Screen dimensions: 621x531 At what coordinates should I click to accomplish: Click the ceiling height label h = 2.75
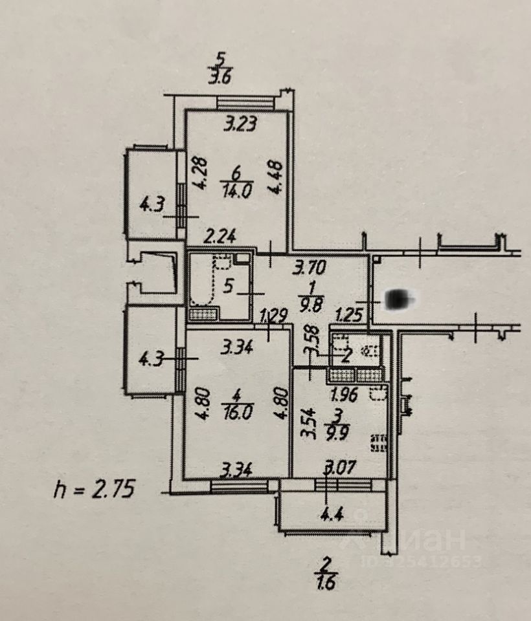(93, 488)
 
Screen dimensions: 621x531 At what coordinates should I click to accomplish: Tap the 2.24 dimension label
(218, 239)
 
